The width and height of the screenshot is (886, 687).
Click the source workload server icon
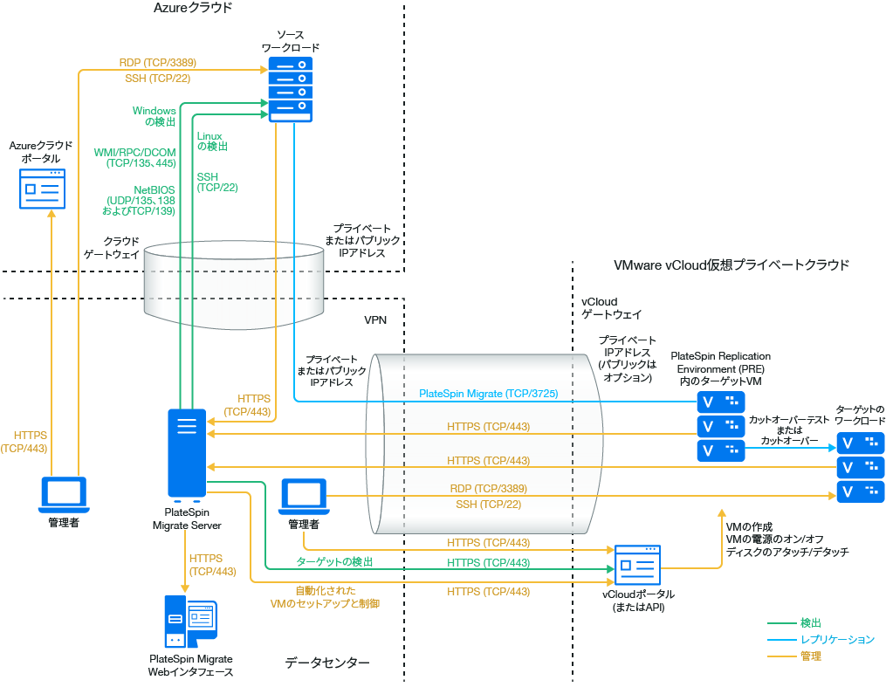[x=290, y=89]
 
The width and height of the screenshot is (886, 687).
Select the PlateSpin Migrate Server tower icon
[x=187, y=452]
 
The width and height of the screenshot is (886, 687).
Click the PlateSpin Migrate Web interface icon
[x=190, y=622]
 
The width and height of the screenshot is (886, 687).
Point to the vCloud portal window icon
[x=638, y=567]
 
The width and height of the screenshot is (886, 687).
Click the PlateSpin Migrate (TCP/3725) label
[x=488, y=394]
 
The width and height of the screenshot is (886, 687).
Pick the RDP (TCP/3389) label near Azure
[x=157, y=63]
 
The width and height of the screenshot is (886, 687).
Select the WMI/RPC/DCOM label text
[x=134, y=157]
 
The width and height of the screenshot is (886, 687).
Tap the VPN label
[x=375, y=320]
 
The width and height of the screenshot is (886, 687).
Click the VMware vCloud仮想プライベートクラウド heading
[x=731, y=264]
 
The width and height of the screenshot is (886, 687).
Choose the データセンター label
[x=327, y=663]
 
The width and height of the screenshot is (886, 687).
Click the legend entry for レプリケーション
[x=836, y=640]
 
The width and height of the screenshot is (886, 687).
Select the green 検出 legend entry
[x=810, y=623]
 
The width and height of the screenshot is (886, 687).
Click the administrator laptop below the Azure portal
[x=64, y=494]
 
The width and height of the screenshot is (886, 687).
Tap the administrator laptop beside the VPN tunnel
[x=303, y=496]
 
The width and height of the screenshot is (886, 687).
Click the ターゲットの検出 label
[x=334, y=561]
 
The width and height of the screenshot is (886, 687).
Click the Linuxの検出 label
[x=210, y=141]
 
